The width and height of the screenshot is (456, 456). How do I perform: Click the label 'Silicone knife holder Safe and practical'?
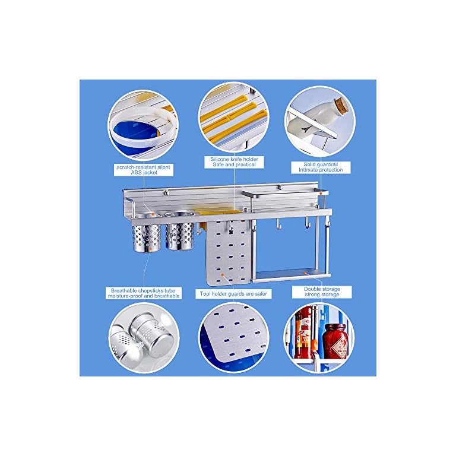234,162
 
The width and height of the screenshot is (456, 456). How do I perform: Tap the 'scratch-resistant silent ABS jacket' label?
144,170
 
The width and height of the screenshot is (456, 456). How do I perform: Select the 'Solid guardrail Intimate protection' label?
321,167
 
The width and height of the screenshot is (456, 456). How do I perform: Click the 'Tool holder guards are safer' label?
233,294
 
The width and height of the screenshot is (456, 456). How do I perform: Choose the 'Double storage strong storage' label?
322,292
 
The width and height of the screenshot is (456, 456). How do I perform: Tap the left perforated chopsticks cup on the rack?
147,232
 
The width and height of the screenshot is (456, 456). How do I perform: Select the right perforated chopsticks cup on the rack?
179,231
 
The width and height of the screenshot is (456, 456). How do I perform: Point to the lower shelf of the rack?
292,274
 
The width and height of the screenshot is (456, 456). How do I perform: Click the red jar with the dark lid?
335,341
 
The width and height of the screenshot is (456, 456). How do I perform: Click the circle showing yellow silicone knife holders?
233,117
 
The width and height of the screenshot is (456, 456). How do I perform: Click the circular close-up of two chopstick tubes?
144,337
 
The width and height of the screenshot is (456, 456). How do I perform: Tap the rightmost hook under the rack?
328,223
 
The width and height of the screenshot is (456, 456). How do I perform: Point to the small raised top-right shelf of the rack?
285,192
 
